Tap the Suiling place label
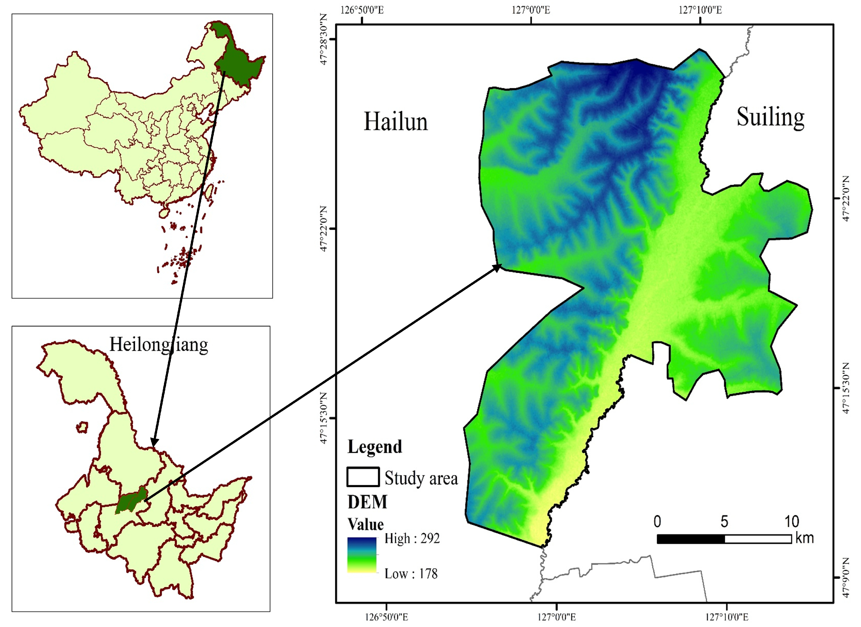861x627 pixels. (x=770, y=117)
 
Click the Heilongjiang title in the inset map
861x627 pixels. (x=159, y=345)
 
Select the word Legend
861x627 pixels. (x=375, y=447)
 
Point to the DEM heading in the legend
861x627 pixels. (x=367, y=502)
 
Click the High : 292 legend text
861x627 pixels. (x=412, y=538)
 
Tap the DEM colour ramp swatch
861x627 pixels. (x=362, y=555)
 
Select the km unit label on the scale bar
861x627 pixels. (x=804, y=538)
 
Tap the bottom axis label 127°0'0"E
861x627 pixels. (x=557, y=617)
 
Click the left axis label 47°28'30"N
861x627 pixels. (x=323, y=40)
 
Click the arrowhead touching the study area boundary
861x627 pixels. (x=498, y=268)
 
